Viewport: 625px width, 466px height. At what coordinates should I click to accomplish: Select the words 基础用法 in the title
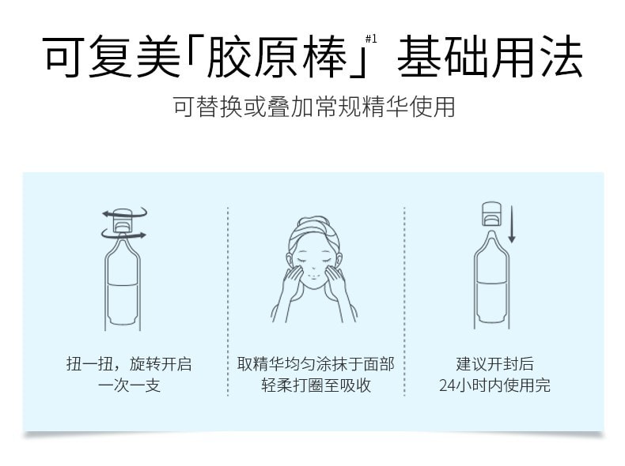click(x=490, y=58)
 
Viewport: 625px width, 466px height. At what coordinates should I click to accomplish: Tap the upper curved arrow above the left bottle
click(x=125, y=212)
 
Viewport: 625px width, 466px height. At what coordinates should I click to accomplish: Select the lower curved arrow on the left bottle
click(x=123, y=235)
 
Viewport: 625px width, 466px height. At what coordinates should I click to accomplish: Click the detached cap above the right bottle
click(x=493, y=214)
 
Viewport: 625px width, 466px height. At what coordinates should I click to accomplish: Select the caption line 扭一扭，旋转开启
click(x=128, y=365)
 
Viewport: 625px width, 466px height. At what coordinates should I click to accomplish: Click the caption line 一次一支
click(x=128, y=386)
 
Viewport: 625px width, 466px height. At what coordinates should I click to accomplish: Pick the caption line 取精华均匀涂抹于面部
click(x=316, y=365)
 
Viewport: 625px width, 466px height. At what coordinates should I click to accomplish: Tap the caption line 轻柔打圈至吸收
click(x=316, y=386)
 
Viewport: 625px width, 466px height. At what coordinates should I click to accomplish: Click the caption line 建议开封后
click(x=494, y=365)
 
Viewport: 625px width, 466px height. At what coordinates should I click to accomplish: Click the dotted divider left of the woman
click(x=228, y=300)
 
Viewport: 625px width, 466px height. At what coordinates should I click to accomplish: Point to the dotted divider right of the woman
click(x=404, y=300)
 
